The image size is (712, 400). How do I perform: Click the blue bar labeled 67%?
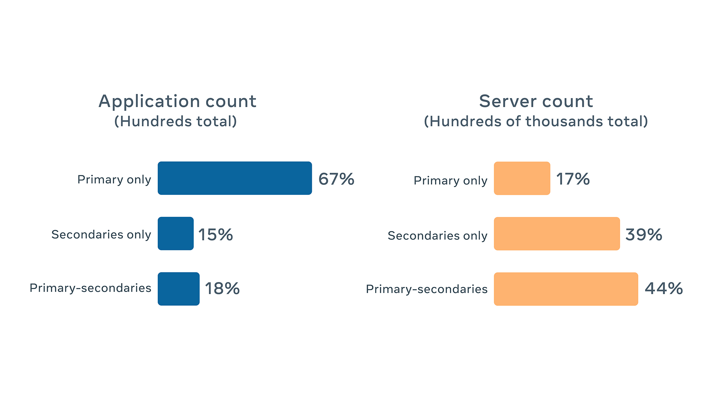(x=235, y=178)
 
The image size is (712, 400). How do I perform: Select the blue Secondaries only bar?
(x=176, y=234)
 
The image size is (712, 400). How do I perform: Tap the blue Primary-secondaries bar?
(x=178, y=289)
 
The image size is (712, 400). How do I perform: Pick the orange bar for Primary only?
(x=522, y=178)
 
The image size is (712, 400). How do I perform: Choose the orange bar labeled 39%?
(x=557, y=234)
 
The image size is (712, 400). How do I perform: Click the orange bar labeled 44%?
(x=566, y=289)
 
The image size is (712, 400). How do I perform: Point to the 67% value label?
(x=336, y=179)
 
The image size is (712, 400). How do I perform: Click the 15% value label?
(x=215, y=235)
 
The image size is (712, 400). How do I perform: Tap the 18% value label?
(x=222, y=288)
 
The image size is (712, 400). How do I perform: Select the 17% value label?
(x=573, y=179)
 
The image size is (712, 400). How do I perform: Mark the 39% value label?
(x=644, y=235)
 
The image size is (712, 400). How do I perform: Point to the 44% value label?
(x=664, y=288)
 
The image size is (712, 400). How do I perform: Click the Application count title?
(x=177, y=101)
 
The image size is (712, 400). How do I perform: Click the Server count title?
(x=536, y=101)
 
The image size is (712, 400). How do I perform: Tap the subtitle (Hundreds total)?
(x=176, y=121)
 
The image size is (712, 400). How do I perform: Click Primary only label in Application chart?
(x=114, y=180)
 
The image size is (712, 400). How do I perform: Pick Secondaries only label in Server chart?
(x=438, y=235)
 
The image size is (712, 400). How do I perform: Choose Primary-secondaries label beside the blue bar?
(x=90, y=288)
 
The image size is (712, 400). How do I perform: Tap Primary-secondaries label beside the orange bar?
(x=427, y=289)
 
